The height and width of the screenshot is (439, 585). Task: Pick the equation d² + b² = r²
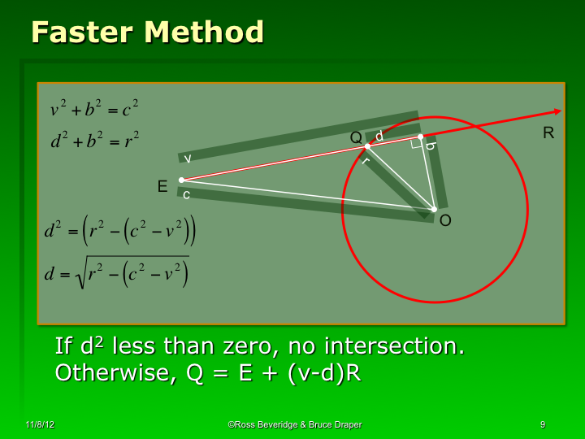click(94, 141)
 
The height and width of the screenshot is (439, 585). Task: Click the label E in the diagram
click(162, 187)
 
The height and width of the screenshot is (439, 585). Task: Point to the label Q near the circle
click(356, 137)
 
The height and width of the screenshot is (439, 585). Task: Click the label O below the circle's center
click(445, 220)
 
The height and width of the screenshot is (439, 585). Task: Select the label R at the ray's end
click(548, 133)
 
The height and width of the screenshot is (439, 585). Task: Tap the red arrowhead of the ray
click(557, 111)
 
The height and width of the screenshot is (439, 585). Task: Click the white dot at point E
click(181, 180)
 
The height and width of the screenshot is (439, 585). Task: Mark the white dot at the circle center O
click(434, 209)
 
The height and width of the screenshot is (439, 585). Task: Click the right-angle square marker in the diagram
click(416, 144)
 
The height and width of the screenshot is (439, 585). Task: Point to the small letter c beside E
click(186, 194)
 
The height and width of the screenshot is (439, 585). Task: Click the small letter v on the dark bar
click(188, 158)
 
